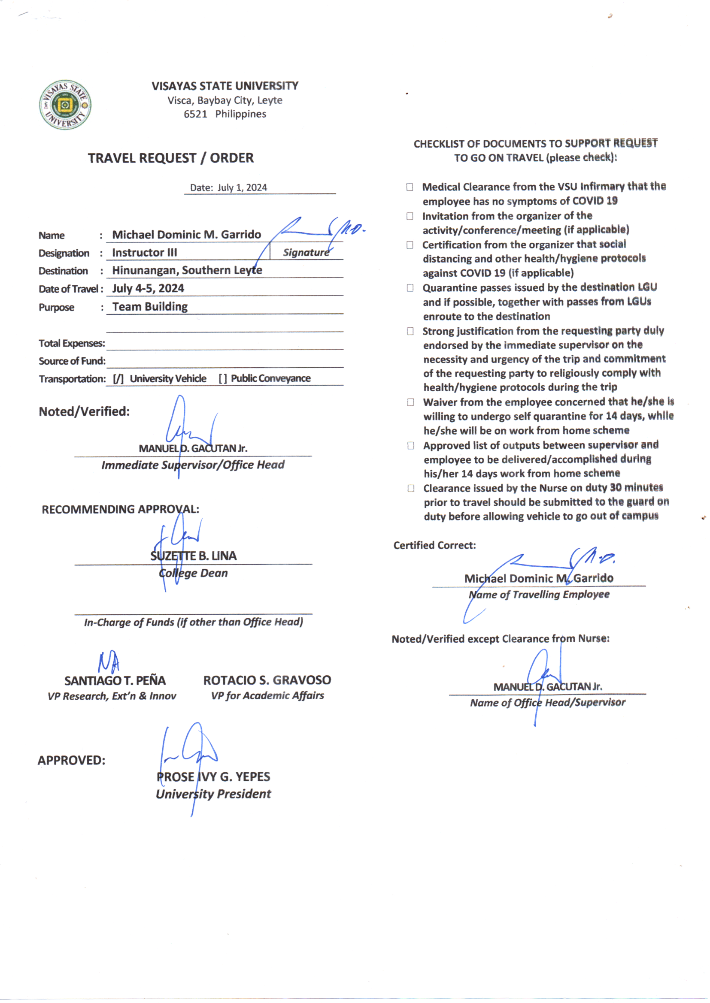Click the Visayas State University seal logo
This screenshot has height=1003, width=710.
(x=65, y=105)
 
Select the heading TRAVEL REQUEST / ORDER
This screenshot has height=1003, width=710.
(x=170, y=158)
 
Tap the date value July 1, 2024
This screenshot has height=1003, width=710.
(x=242, y=188)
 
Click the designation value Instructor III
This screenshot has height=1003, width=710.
(x=145, y=253)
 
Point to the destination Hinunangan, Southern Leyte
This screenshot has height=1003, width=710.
(x=187, y=270)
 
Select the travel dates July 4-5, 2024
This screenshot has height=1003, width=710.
(x=148, y=288)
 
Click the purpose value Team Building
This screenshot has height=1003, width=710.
(x=150, y=307)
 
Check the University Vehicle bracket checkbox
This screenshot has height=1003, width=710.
(x=118, y=379)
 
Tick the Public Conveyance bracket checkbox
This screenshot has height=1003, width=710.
(x=223, y=379)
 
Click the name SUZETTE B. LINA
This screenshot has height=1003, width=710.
(x=193, y=556)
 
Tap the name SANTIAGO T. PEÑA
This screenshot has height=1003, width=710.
(x=115, y=680)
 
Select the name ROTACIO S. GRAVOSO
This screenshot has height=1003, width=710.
(x=267, y=680)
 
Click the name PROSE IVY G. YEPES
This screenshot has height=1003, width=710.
(x=213, y=777)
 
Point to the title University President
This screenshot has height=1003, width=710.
(x=213, y=794)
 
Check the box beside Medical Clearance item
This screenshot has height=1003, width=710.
(x=410, y=187)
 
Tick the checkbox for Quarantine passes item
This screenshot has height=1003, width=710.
(x=410, y=288)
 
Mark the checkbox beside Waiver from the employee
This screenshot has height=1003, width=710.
(x=410, y=402)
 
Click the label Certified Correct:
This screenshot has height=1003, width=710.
(x=434, y=545)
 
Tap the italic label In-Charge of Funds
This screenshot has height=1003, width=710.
(x=193, y=622)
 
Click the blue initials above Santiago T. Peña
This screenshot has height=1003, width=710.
(x=109, y=662)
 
